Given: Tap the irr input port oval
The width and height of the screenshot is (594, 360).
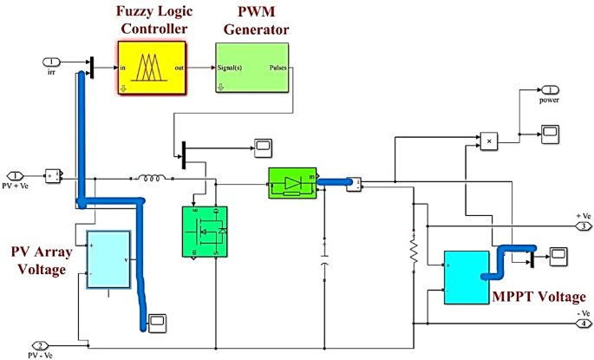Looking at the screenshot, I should [x=52, y=62].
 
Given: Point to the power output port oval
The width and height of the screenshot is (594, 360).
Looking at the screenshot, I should [x=552, y=89].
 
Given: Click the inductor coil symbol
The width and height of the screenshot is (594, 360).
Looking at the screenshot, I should [x=152, y=180].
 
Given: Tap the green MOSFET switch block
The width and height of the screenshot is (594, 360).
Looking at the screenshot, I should [x=205, y=232].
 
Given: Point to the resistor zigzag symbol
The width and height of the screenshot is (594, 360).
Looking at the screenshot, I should [x=414, y=250].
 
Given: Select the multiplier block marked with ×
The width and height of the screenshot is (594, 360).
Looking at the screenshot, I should [x=491, y=139].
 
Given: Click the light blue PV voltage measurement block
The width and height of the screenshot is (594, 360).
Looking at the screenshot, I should [x=108, y=259].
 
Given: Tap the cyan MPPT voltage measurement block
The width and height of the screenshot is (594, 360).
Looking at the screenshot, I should [x=466, y=278].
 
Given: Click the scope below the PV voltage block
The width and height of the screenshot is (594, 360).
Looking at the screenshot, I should [x=158, y=322].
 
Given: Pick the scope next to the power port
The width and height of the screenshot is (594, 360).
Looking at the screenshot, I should [x=550, y=132].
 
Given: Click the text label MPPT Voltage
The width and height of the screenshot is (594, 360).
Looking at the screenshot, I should [x=533, y=298].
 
